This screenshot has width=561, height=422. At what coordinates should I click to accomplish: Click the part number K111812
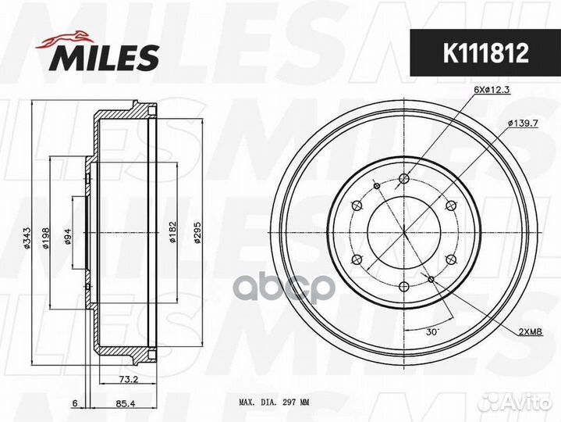[x=485, y=53]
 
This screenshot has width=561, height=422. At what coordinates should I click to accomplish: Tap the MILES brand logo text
[x=104, y=58]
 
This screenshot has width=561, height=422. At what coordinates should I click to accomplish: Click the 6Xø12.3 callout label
[x=492, y=91]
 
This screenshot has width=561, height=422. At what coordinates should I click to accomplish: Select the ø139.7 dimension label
[x=523, y=123]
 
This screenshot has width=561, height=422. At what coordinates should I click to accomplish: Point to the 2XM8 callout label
[x=531, y=331]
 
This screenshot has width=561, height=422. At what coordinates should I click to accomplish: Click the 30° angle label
[x=432, y=331]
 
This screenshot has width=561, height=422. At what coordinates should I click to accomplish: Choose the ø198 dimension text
[x=45, y=238]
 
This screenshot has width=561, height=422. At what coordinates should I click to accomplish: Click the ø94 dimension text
[x=68, y=237]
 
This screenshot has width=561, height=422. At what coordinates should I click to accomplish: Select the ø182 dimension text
[x=172, y=232]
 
